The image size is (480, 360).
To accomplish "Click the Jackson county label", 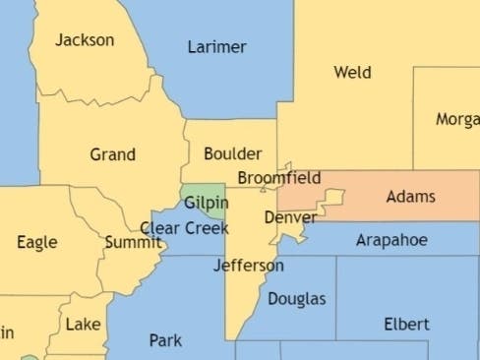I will click(85, 40).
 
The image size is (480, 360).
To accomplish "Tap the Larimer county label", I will click(216, 47).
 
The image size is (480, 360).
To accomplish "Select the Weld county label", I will click(352, 72).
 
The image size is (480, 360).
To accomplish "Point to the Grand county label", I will click(112, 154).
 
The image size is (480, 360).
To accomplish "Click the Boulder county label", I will click(232, 153).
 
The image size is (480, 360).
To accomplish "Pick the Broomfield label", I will click(279, 178).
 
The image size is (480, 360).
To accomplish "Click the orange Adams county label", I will click(410, 197).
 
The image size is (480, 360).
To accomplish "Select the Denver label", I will click(290, 216).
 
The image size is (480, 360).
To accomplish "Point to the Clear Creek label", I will click(184, 228).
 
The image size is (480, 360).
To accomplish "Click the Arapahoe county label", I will click(391, 240).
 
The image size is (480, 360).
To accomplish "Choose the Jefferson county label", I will click(249, 266).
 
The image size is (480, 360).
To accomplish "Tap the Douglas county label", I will click(296, 298).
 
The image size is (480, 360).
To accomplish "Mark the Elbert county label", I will click(406, 324).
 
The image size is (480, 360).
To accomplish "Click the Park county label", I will click(165, 340).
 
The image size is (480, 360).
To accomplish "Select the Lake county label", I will click(83, 324).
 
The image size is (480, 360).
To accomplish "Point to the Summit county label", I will click(133, 242).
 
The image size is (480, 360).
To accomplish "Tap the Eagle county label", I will click(37, 242).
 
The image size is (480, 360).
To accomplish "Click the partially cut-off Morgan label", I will click(457, 119).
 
